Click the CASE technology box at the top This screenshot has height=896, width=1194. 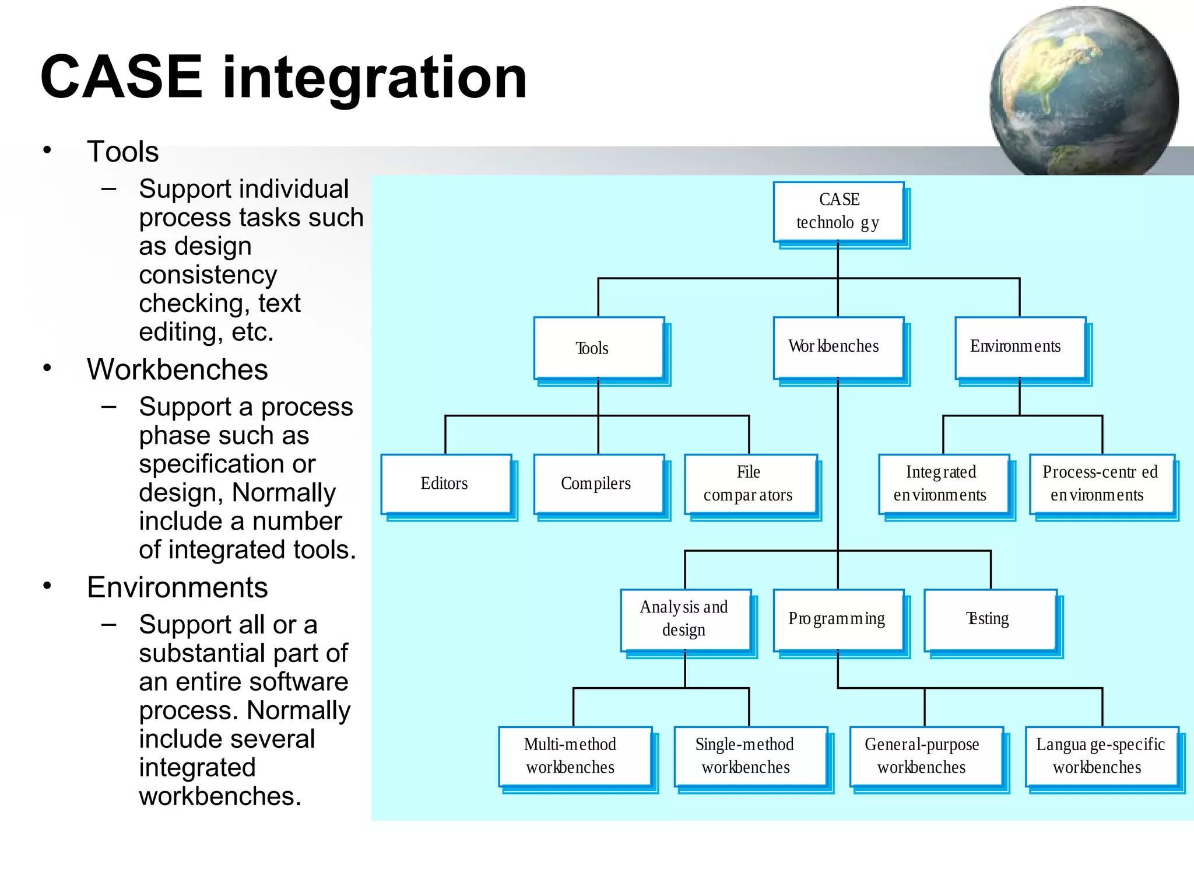point(838,211)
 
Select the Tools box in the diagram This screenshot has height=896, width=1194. point(599,348)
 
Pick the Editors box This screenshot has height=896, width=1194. point(446,484)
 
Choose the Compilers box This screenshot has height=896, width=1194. point(599,484)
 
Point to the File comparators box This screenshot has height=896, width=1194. point(750,484)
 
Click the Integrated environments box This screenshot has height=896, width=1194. point(943,484)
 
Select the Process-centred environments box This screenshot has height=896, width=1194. point(1101,484)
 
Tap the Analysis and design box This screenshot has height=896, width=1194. point(686,619)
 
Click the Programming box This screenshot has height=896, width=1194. point(838,619)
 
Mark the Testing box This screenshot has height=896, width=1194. point(990,619)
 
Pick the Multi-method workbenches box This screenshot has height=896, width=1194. point(574,756)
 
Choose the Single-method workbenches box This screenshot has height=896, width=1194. point(750,756)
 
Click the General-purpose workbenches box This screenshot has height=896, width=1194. point(926,756)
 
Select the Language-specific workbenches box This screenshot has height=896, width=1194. point(1101,756)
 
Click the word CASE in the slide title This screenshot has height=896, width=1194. point(121,77)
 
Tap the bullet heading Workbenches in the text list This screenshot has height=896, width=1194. point(177,370)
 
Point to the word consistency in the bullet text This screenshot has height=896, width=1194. point(208,275)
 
